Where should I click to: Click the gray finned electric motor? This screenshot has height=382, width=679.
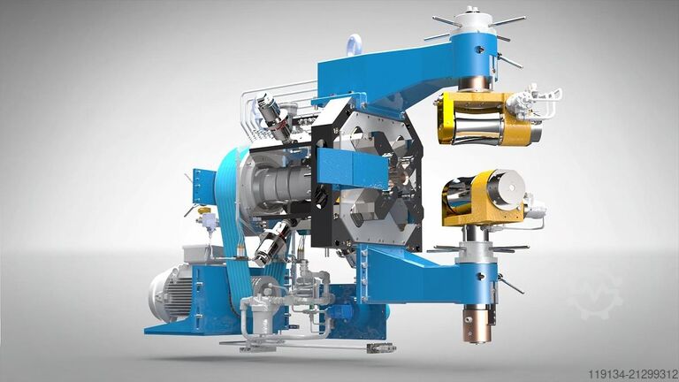click(x=170, y=294)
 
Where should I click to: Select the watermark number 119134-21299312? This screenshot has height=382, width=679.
click(x=632, y=374)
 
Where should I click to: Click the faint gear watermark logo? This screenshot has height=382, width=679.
click(x=598, y=294)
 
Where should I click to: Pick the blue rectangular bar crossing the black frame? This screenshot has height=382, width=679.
click(x=353, y=168)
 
